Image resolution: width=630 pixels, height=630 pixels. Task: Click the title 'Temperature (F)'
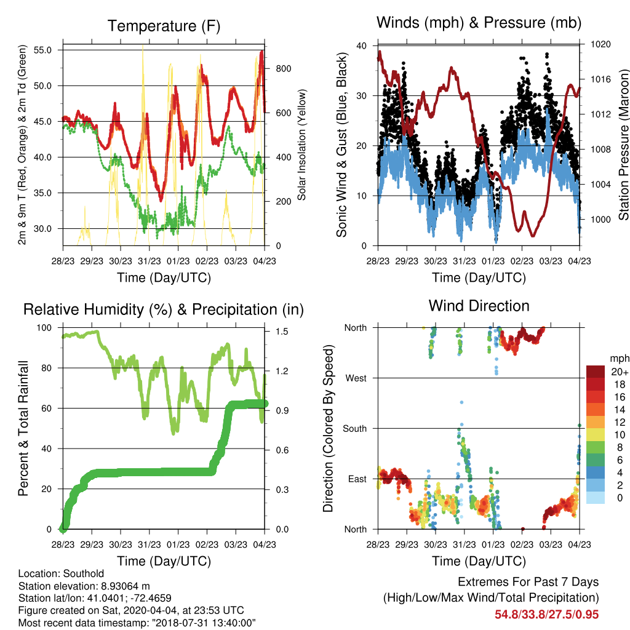(164, 26)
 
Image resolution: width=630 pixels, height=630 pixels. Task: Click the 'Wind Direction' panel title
(479, 306)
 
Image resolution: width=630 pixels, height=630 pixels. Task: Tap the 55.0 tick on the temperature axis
(42, 50)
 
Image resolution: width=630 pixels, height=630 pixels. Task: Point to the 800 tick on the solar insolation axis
(283, 69)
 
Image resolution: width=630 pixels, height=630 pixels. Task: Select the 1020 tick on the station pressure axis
(600, 44)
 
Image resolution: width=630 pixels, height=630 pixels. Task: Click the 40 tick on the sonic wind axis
(362, 46)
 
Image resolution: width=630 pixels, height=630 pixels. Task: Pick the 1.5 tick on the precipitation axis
(282, 332)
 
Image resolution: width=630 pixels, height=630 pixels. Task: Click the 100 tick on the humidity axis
(44, 328)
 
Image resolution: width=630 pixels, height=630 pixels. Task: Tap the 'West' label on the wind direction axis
(356, 378)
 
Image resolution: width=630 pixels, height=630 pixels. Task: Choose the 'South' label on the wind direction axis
(355, 429)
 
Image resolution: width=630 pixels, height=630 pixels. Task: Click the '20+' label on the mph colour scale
(620, 372)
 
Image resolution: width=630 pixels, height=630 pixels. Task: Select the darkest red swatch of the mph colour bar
(596, 372)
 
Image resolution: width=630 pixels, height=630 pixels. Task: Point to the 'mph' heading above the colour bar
(620, 359)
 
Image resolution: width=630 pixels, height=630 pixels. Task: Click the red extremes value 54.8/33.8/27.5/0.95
(546, 615)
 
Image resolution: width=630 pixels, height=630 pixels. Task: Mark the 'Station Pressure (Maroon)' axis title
(623, 145)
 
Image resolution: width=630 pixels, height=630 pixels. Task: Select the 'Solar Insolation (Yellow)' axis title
(301, 145)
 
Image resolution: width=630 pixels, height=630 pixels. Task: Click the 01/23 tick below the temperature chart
(178, 261)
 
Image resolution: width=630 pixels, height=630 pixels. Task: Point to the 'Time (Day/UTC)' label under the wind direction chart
(479, 561)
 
